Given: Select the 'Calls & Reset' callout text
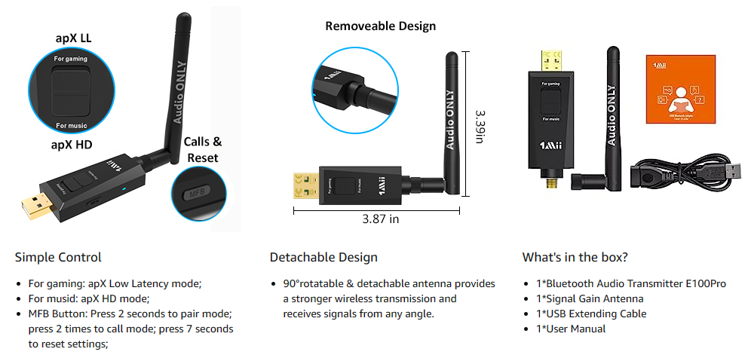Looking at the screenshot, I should [203, 149].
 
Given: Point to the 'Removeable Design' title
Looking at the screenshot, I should [380, 26].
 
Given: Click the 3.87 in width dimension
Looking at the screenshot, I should [381, 219].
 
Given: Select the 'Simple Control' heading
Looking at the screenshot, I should [58, 257].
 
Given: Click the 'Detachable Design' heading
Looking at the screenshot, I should [323, 257].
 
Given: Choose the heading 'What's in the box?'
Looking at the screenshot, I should [575, 257].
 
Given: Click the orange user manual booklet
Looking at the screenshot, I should [680, 90].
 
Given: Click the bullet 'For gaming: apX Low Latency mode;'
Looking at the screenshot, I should [115, 283].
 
